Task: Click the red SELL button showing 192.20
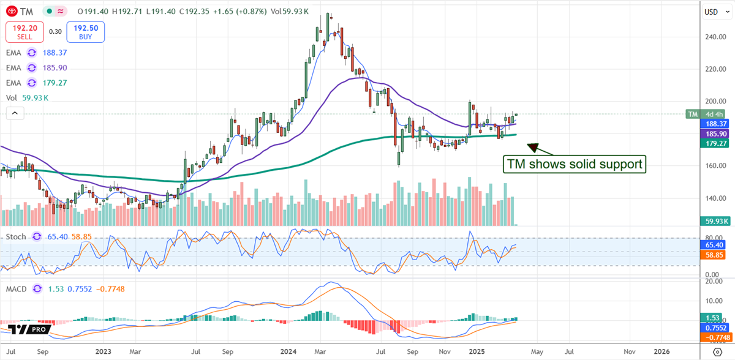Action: coord(24,31)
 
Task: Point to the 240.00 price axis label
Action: coord(714,37)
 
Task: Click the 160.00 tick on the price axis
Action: coord(714,166)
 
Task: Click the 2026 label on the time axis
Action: coord(661,351)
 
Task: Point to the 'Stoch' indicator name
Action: coord(17,236)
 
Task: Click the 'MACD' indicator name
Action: coord(17,288)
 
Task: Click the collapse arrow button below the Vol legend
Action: coord(13,113)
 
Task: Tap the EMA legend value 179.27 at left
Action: coord(55,84)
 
